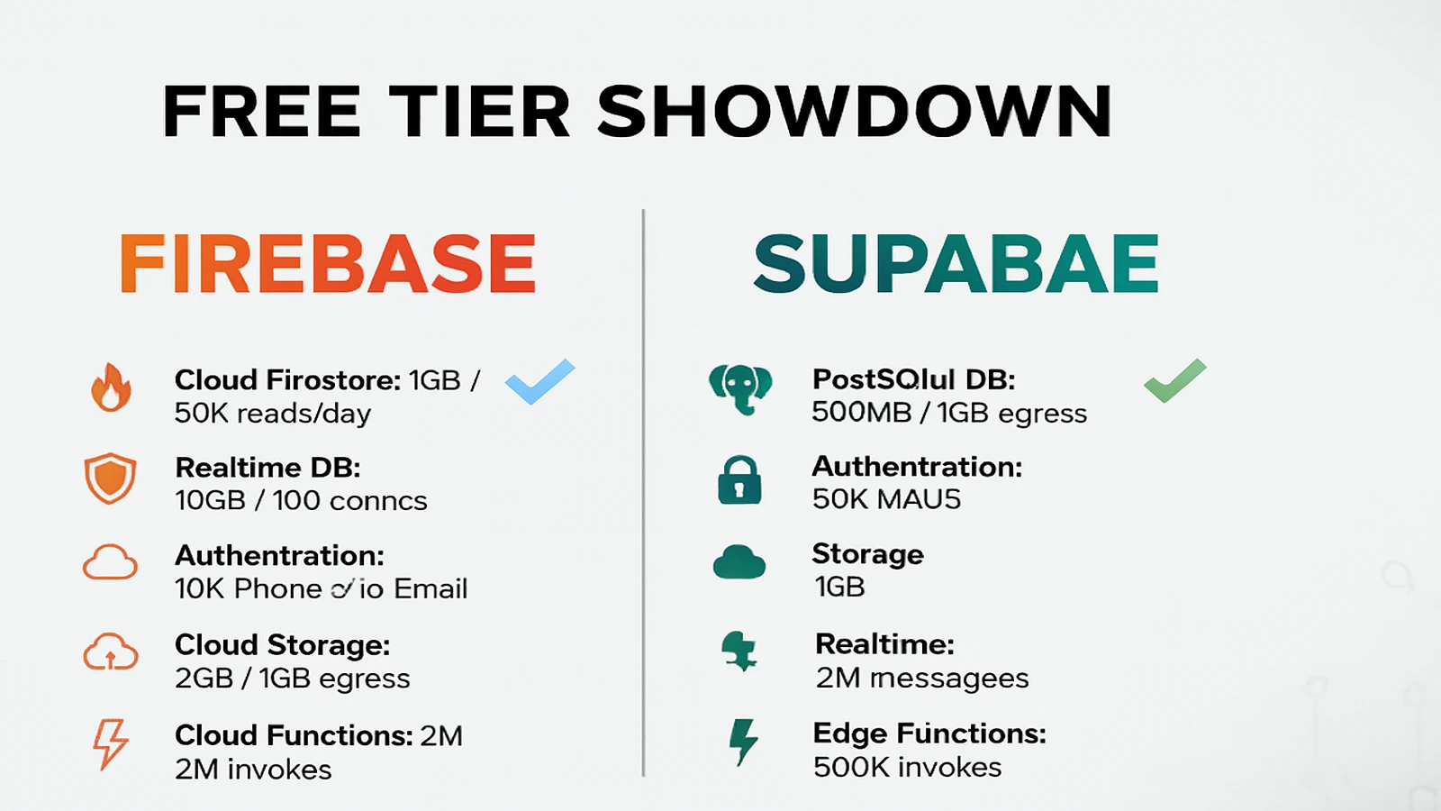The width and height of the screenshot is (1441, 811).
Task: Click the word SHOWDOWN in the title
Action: [x=854, y=112]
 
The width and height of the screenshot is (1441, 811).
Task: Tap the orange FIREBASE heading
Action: [x=328, y=264]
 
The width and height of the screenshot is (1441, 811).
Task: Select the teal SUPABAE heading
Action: [x=956, y=264]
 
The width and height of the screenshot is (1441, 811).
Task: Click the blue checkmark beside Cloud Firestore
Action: [x=539, y=381]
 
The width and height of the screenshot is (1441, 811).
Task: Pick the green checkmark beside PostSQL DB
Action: [x=1174, y=380]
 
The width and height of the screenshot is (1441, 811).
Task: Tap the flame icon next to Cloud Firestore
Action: [x=111, y=387]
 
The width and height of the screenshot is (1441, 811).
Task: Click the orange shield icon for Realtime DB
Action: [x=110, y=478]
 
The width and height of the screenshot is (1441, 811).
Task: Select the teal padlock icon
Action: [x=739, y=479]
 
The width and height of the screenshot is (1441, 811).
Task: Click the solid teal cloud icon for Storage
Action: [x=739, y=562]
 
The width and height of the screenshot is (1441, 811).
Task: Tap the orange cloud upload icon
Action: [x=110, y=652]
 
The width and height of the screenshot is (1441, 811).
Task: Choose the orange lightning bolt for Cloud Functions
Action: [x=110, y=743]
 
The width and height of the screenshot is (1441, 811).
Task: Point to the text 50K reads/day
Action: [x=272, y=414]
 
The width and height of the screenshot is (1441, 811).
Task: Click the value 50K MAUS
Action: [x=886, y=499]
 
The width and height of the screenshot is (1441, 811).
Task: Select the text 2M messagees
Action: [x=921, y=678]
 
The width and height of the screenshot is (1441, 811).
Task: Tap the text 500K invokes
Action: [x=907, y=768]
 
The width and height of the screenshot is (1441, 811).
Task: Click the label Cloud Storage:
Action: [x=282, y=645]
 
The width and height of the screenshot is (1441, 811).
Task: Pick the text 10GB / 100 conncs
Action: [x=301, y=501]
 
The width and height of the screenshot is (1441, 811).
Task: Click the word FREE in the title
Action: [x=261, y=112]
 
